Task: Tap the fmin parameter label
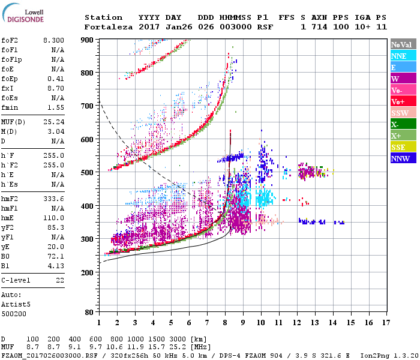[x=11, y=107]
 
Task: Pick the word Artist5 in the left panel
[x=16, y=304]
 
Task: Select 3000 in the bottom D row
[x=183, y=340]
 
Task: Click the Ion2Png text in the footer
[x=373, y=355]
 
